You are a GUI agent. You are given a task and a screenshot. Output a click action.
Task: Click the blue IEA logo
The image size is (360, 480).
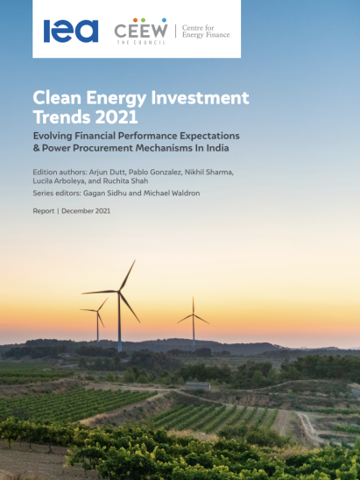[x=71, y=31]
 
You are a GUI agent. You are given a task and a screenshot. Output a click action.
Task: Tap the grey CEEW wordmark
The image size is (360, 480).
[x=141, y=31]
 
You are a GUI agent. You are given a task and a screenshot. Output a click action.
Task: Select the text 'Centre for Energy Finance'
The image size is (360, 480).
[x=206, y=32]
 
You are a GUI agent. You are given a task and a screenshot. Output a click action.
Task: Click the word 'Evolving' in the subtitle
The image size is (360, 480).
[x=53, y=136]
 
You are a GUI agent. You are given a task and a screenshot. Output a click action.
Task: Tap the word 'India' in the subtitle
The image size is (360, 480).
[x=219, y=148]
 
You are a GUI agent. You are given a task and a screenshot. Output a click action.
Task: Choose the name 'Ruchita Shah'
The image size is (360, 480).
[x=125, y=181]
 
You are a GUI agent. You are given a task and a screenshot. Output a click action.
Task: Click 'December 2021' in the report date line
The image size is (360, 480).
[x=86, y=211]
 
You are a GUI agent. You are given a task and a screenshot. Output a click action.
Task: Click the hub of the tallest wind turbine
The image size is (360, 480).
[x=119, y=291]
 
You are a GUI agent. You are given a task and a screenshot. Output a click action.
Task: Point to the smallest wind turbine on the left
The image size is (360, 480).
[x=97, y=318]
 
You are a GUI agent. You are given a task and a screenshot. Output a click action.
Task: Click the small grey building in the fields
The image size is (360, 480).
[x=198, y=385]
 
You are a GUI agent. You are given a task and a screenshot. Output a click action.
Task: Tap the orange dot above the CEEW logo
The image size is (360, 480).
[x=135, y=20]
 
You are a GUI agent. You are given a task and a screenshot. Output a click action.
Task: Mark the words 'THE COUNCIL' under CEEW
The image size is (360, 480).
[x=141, y=42]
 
